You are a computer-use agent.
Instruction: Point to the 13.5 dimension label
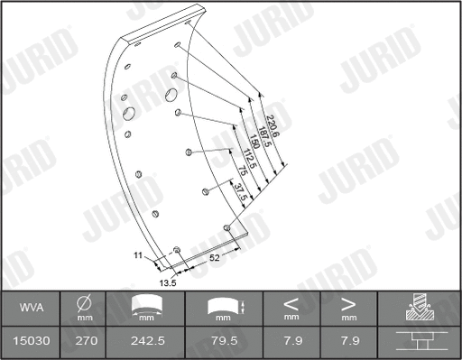point(168,282)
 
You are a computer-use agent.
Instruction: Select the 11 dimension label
point(139,256)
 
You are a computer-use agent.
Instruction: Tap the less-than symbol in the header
point(291,304)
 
